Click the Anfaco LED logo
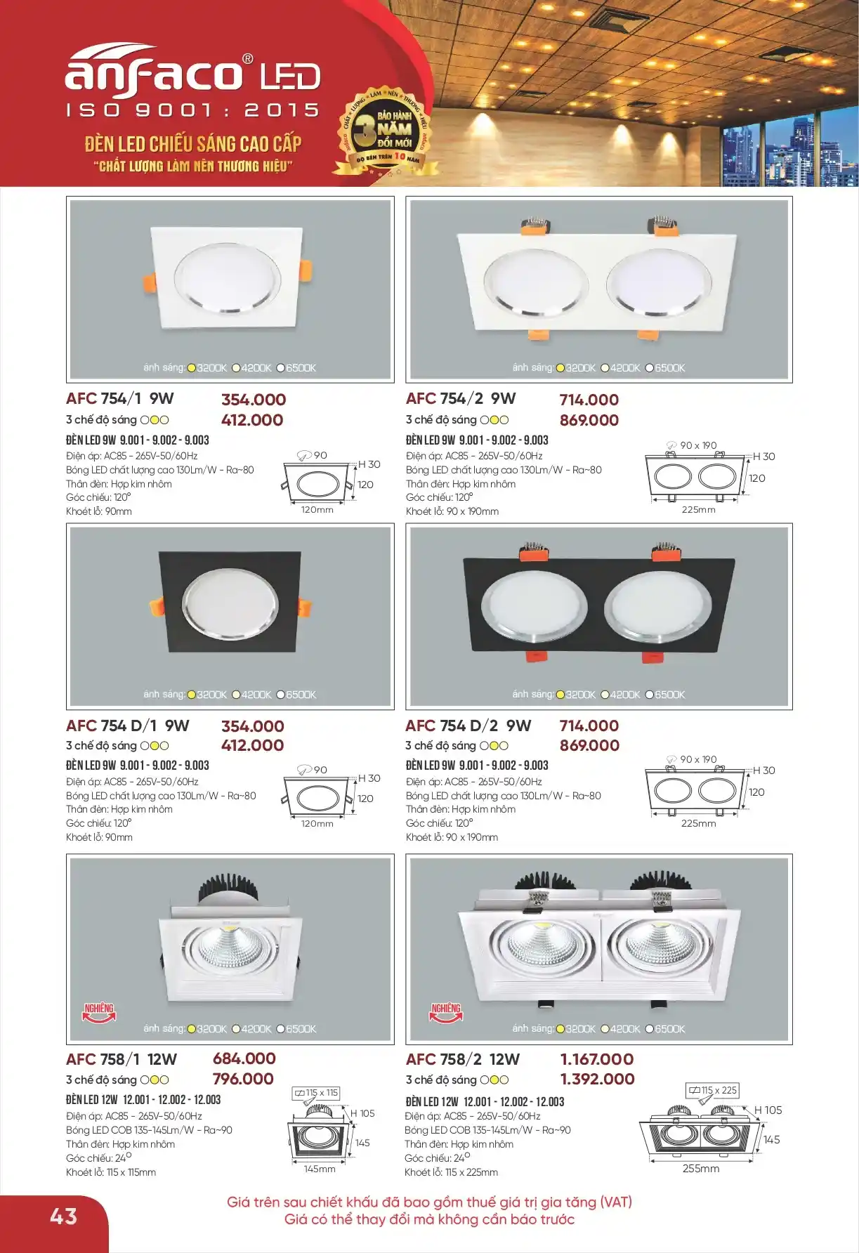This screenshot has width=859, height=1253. pos(193,70)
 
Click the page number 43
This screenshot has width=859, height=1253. pos(64,1216)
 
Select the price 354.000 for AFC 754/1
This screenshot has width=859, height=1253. pos(254,400)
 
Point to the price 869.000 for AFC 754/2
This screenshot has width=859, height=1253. pos(589,420)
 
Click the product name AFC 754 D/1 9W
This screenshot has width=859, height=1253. pos(128,726)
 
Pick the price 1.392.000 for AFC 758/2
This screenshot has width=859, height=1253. pos(597,1079)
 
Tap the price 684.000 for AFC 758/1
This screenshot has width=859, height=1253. pos(244,1058)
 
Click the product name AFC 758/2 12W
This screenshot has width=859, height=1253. pos(463,1059)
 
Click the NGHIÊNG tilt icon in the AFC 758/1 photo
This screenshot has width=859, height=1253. pos(99,1012)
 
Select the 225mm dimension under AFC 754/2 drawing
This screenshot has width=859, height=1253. pos(698,510)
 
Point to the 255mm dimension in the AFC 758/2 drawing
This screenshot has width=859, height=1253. pos(701,1169)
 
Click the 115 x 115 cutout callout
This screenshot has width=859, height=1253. pos(316,1093)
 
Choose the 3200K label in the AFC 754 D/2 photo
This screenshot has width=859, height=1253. pos(576,695)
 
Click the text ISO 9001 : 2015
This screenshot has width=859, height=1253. pos(193,110)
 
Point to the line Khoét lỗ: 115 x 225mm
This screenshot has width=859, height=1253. pos(451,1172)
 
